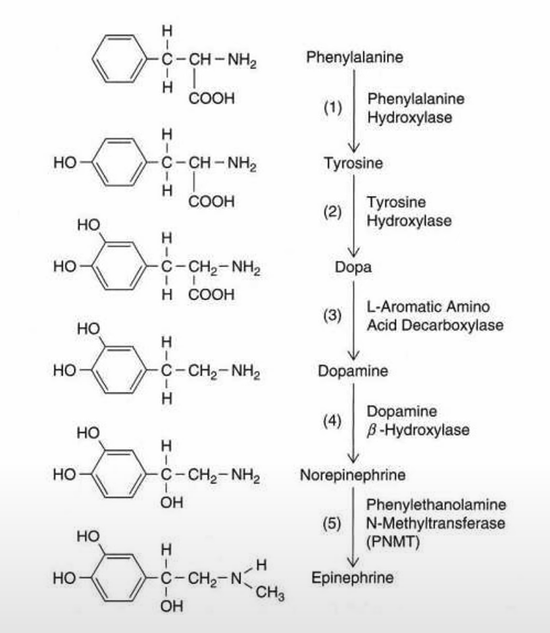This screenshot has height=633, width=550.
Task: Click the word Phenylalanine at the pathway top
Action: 355,58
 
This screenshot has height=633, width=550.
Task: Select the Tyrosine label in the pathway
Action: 353,163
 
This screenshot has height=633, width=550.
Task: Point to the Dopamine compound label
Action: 353,371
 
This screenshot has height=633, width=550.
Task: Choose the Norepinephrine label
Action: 353,474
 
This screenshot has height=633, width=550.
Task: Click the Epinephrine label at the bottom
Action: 353,578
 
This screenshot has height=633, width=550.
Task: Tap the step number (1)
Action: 332,107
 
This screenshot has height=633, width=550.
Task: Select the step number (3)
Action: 332,315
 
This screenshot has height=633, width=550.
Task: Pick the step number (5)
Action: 332,524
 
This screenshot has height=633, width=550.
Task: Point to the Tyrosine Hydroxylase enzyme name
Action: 409,211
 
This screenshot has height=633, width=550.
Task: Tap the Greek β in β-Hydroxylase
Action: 371,431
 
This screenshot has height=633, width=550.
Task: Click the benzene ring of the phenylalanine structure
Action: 116,58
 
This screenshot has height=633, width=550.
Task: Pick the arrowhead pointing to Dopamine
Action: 355,356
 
